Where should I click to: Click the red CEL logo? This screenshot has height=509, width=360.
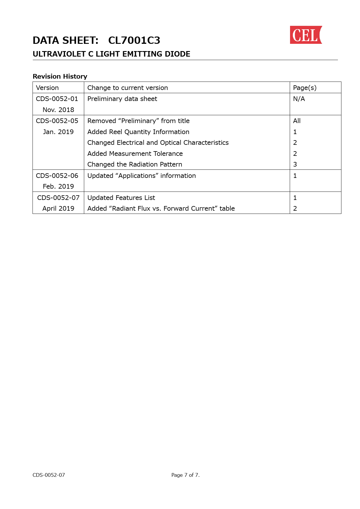click(306, 35)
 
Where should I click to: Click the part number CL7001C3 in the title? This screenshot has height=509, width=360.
click(134, 41)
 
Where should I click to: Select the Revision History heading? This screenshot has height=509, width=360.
click(60, 76)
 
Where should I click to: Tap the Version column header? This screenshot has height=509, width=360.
click(47, 88)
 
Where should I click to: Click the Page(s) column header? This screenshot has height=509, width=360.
click(305, 88)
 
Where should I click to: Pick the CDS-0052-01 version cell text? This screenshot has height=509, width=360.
click(57, 99)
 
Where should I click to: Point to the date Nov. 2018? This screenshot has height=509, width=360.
click(58, 110)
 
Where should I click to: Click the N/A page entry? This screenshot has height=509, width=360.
click(299, 99)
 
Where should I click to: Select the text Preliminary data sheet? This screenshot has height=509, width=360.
click(122, 99)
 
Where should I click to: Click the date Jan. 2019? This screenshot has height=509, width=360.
click(58, 132)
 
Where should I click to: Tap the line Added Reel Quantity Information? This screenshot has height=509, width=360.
click(138, 132)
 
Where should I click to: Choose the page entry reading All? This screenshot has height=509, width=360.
click(297, 121)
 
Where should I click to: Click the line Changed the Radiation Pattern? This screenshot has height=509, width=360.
click(135, 164)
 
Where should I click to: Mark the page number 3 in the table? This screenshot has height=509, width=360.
click(295, 164)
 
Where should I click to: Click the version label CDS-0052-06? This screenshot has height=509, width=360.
click(57, 176)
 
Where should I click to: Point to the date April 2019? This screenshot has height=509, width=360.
click(58, 208)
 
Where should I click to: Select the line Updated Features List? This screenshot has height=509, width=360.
click(121, 198)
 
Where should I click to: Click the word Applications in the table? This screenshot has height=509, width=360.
click(137, 176)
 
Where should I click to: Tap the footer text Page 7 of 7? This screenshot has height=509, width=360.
click(185, 475)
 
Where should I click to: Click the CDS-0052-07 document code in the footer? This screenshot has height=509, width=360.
click(49, 475)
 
